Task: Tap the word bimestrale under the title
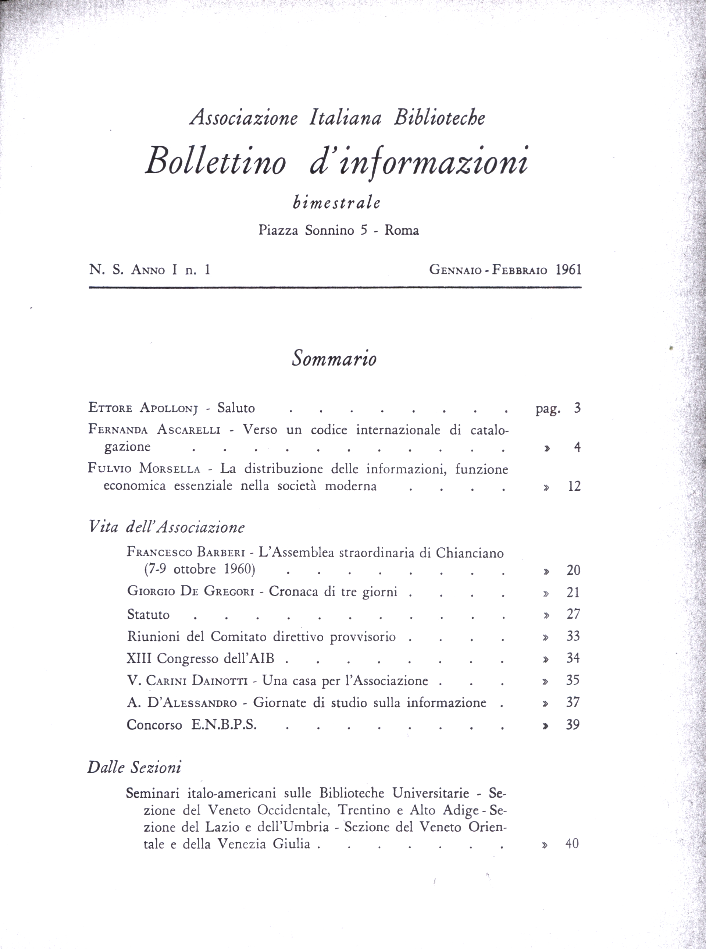(x=337, y=202)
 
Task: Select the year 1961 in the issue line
(x=569, y=270)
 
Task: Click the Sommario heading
(x=334, y=359)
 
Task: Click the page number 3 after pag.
(x=577, y=408)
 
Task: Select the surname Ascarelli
(x=189, y=429)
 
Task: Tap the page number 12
(x=574, y=487)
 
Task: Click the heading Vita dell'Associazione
(x=166, y=527)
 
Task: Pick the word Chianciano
(x=470, y=553)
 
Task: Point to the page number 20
(x=573, y=570)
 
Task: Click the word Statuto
(x=148, y=615)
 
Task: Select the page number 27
(x=573, y=614)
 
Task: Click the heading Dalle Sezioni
(x=134, y=768)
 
